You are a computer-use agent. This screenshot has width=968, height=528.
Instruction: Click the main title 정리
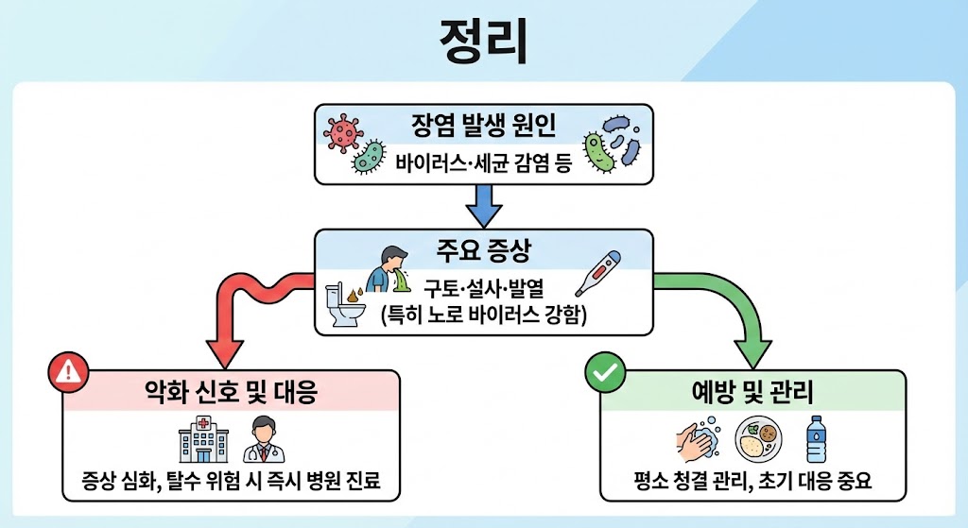click(483, 41)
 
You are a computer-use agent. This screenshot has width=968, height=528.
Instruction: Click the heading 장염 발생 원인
click(483, 125)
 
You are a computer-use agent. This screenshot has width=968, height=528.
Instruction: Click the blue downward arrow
click(483, 203)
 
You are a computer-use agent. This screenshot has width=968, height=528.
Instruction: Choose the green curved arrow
click(737, 312)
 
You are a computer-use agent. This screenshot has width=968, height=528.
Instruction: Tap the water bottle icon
click(815, 440)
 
